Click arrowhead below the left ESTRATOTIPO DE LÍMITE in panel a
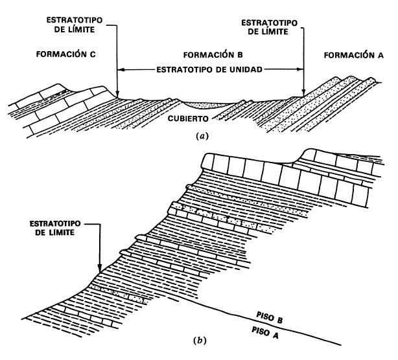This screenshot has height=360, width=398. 117,95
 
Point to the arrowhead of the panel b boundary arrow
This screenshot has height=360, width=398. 99,267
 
